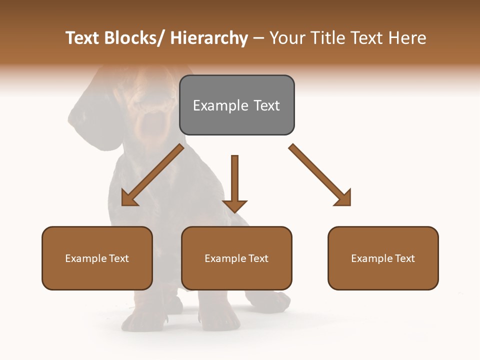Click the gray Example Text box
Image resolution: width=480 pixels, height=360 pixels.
(x=237, y=105)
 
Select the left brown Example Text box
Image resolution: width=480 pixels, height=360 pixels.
(x=97, y=258)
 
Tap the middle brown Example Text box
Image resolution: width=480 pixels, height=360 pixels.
(x=236, y=258)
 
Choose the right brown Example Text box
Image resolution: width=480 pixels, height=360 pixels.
(x=383, y=258)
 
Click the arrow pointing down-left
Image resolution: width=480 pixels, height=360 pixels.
(x=152, y=175)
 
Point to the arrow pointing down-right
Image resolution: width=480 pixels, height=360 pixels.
(x=320, y=174)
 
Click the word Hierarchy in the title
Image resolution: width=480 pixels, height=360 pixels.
(x=208, y=38)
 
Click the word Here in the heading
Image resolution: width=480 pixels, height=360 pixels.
(x=407, y=38)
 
